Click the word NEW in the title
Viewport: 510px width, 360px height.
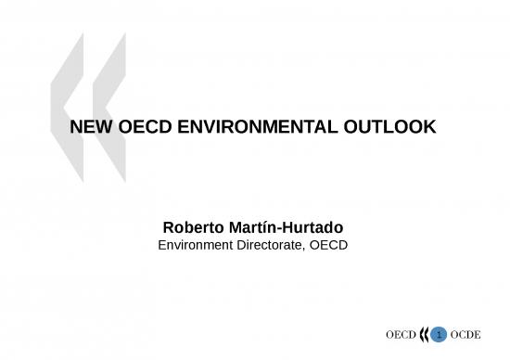[x=89, y=127]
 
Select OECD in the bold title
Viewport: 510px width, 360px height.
[x=140, y=127]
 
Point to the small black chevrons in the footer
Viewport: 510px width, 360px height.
[x=426, y=333]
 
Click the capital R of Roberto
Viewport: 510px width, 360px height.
[x=169, y=227]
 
